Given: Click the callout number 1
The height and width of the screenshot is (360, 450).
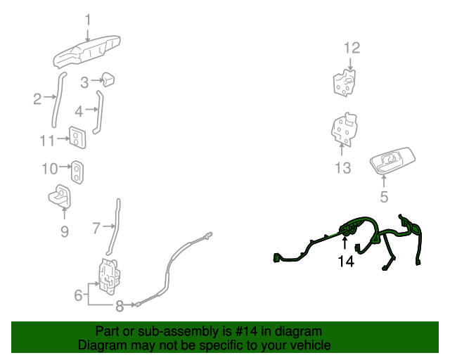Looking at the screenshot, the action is coord(88,20).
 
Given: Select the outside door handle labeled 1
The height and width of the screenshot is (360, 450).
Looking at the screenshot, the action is coord(86,52).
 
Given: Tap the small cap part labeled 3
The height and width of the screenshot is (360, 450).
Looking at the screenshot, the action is coord(108,79).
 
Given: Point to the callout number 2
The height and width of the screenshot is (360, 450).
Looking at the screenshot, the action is coord(37,99).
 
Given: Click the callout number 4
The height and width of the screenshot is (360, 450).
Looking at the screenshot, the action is coord(79,111).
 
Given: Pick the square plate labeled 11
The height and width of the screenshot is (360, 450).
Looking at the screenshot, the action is coord(77,138).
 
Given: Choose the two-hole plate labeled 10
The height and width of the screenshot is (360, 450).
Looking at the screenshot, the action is coord(77,172).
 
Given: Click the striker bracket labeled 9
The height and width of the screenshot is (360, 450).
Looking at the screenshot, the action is coord(60,196).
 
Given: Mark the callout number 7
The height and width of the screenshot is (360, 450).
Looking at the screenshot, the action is coord(96,229).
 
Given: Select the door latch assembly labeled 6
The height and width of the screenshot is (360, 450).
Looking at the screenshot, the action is coord(109,276).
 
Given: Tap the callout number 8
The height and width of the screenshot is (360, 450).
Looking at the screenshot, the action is coord(120,306).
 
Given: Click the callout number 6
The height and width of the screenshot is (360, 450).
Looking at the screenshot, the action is coord(78,295).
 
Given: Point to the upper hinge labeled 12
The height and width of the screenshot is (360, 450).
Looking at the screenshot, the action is coord(345,83).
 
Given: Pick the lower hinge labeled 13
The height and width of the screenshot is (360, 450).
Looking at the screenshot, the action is coord(345,129).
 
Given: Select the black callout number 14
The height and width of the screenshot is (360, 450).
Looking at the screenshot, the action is coord(346,262).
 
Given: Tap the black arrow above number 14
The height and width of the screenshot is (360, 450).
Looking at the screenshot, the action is coord(345,242).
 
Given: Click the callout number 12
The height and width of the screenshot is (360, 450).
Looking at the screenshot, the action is coord(352,48).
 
